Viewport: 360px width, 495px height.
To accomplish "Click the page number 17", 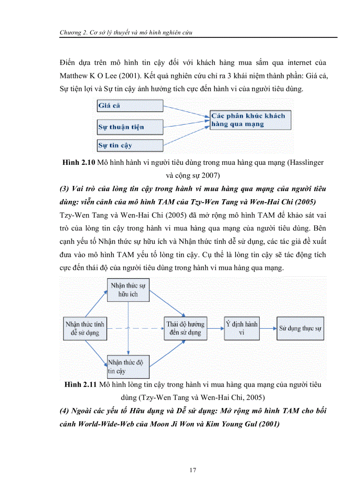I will [x=192, y=470].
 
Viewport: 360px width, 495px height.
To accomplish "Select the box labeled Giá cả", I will [x=129, y=106].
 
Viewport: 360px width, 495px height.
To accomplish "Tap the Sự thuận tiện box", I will [x=129, y=127].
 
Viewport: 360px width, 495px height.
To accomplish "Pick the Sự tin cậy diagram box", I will [x=129, y=145].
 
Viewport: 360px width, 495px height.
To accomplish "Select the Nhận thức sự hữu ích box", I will [x=128, y=290].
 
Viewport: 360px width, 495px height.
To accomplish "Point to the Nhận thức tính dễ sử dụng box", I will [x=85, y=328].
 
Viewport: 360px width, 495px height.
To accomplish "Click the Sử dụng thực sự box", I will [x=300, y=328].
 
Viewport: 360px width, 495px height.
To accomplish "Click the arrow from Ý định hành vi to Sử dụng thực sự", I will [x=268, y=328].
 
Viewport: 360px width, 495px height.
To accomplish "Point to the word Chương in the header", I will [x=72, y=32].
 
